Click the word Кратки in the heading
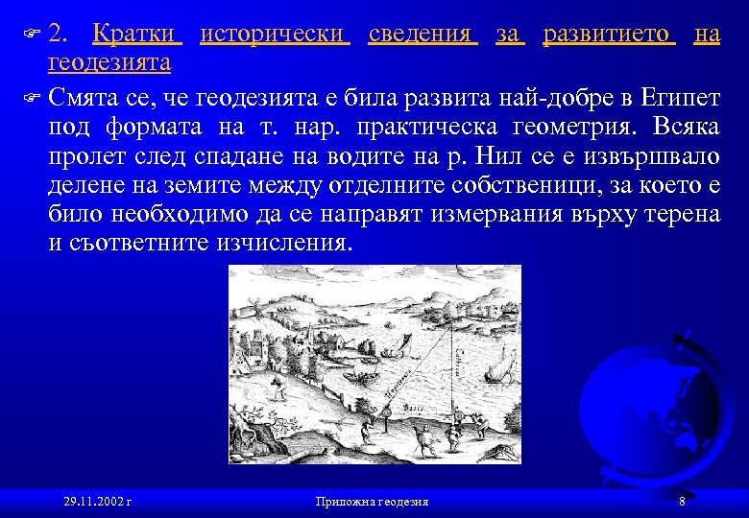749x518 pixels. click(x=135, y=35)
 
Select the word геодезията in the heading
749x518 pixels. click(x=110, y=63)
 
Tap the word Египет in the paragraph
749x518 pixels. click(x=681, y=97)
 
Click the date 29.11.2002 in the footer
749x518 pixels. click(x=96, y=502)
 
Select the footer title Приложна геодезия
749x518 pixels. click(x=373, y=502)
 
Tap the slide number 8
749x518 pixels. click(x=681, y=501)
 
